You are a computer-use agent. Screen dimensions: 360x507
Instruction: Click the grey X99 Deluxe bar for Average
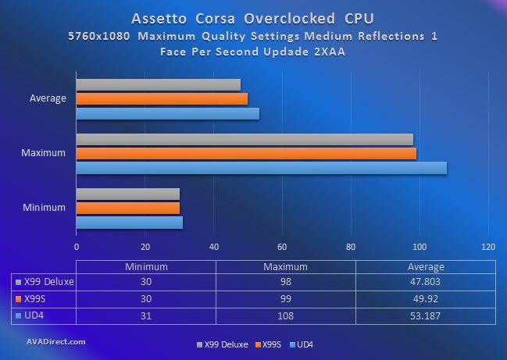(x=158, y=84)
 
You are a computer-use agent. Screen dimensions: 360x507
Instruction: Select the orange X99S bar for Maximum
(x=246, y=153)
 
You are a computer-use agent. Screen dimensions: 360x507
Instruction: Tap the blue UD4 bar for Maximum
(x=261, y=167)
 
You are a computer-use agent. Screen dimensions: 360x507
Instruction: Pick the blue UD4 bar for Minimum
(x=129, y=223)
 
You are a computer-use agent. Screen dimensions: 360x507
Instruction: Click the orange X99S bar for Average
(x=162, y=98)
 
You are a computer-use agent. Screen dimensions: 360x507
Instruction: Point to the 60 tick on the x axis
(x=282, y=247)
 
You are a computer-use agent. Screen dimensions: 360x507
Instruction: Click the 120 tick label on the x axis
(x=488, y=247)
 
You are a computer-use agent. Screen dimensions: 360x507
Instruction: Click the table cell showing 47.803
(x=425, y=282)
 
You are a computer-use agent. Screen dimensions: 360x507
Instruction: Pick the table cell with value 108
(x=284, y=314)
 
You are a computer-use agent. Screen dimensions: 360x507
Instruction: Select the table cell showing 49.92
(x=425, y=298)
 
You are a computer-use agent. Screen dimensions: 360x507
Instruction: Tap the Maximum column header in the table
(x=284, y=266)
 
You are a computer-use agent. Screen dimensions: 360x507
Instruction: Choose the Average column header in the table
(x=425, y=266)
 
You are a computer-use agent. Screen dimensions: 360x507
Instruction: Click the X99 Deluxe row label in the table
(x=48, y=282)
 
